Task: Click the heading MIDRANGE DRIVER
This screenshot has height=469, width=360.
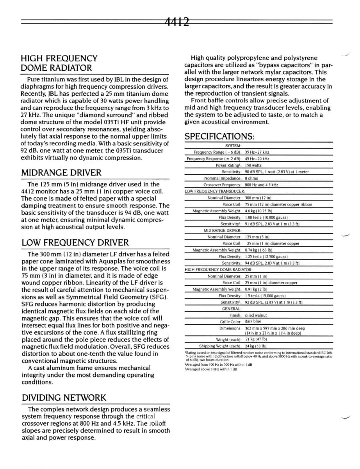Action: click(x=61, y=173)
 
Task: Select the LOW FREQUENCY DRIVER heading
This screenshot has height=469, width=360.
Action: click(x=75, y=243)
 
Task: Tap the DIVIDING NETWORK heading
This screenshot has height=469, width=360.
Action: click(x=64, y=398)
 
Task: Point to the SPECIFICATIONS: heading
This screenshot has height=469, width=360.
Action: click(x=219, y=136)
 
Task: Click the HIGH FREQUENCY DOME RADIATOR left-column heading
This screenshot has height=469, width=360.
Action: click(x=59, y=63)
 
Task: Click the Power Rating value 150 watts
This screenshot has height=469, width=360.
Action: click(x=253, y=165)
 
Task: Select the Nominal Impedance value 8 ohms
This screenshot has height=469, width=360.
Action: click(x=252, y=178)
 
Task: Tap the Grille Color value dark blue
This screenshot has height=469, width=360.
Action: click(x=253, y=322)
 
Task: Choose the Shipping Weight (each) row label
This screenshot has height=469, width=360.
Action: click(x=220, y=346)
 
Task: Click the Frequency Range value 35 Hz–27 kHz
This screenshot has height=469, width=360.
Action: click(x=257, y=152)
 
